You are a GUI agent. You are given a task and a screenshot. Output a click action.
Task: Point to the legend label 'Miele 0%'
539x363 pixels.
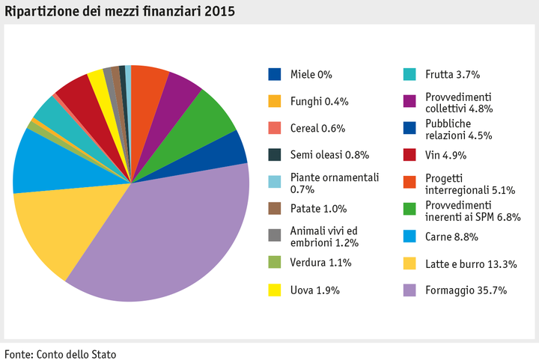(x=310, y=74)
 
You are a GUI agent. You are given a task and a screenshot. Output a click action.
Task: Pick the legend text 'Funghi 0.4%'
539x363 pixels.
(x=319, y=101)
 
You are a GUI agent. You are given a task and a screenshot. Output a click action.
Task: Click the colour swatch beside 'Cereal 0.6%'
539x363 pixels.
(x=275, y=128)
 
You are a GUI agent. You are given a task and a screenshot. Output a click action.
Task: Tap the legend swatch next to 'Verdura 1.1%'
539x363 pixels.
(x=275, y=263)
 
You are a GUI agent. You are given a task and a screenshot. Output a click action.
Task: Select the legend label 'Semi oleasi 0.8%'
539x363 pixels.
(x=329, y=155)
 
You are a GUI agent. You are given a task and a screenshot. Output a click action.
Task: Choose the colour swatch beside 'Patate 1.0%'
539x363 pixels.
(x=275, y=209)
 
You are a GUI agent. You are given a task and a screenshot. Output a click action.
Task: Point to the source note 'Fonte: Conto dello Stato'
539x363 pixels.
(x=61, y=353)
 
